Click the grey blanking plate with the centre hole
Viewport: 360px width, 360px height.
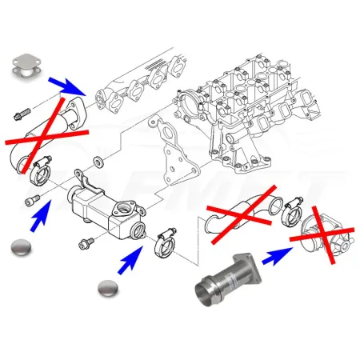30,66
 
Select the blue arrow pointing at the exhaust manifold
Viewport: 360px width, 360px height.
67,84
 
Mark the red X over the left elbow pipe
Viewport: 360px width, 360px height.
46,127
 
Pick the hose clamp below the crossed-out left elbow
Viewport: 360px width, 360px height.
38,169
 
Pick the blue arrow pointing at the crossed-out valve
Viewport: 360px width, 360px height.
277,254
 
